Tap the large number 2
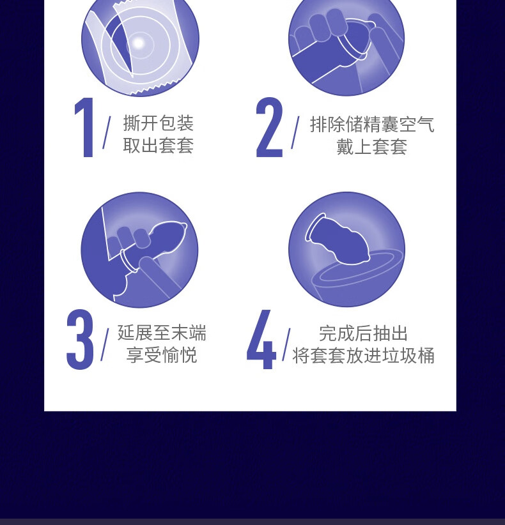click(269, 127)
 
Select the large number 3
click(80, 340)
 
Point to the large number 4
click(261, 340)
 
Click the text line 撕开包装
click(159, 123)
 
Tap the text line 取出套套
click(159, 146)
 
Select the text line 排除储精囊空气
click(372, 125)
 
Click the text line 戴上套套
click(372, 147)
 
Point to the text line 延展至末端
click(162, 333)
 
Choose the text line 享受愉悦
click(162, 355)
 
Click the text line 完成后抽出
click(363, 333)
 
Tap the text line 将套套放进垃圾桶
click(363, 356)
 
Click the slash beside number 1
click(107, 133)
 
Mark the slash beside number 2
click(295, 133)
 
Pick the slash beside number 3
click(105, 344)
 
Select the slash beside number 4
click(286, 344)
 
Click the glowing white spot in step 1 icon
click(139, 43)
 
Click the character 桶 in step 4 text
click(426, 356)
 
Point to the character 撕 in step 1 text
click(132, 123)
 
